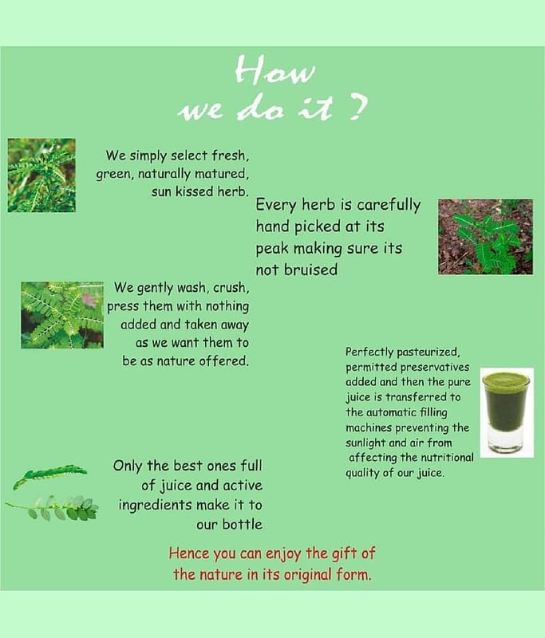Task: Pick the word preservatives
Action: (x=435, y=367)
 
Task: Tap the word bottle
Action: (x=242, y=525)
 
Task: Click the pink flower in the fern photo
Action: (x=89, y=301)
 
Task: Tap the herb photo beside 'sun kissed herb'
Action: (x=41, y=175)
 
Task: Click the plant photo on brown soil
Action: (x=486, y=237)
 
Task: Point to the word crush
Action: (x=231, y=288)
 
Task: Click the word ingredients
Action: (x=155, y=506)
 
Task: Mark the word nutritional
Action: (x=448, y=458)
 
